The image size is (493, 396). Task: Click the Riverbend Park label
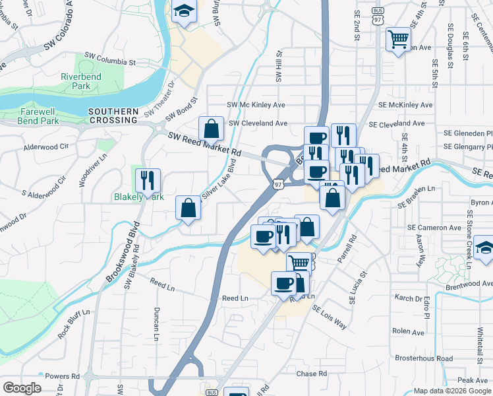coord(80,81)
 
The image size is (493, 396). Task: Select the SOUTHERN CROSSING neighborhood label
coord(113,116)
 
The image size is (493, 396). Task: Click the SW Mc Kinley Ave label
coord(256,105)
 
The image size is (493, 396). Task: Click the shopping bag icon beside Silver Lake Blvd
coord(188,207)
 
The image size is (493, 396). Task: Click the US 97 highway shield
coord(278,185)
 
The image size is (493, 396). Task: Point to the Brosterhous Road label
coord(424,358)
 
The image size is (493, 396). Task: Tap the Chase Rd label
coord(312,374)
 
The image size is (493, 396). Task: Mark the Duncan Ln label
coord(156,322)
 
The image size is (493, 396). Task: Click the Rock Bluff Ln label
coord(72,324)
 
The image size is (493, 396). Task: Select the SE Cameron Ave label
coord(434,228)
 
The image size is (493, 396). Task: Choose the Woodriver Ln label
coord(84,170)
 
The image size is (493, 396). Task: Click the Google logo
coord(22,388)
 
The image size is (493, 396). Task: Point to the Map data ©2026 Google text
coord(452,391)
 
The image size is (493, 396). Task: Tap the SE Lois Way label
coord(329,317)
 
